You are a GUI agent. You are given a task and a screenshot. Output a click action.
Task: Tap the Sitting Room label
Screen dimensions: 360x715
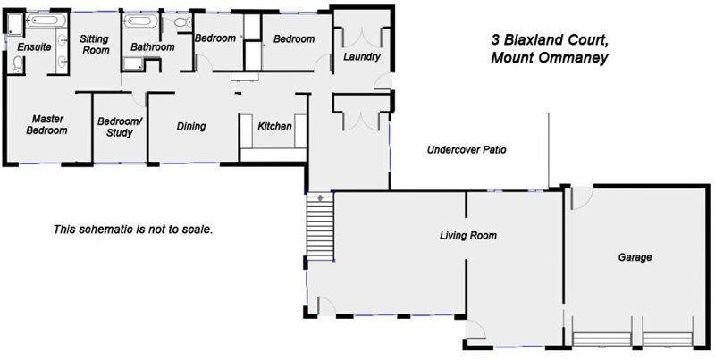[x=94, y=45]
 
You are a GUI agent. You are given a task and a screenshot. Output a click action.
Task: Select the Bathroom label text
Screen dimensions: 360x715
[x=151, y=46]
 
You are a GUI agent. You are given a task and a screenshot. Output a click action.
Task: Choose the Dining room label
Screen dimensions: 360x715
[x=191, y=126]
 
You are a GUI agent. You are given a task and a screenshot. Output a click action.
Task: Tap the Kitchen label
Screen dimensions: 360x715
[x=274, y=126]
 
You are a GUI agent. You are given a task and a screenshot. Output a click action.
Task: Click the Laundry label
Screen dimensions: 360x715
[x=361, y=57]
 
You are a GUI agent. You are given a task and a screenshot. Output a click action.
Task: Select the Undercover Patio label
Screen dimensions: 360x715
[x=467, y=150]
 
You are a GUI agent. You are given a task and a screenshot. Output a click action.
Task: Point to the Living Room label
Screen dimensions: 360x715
[x=467, y=236]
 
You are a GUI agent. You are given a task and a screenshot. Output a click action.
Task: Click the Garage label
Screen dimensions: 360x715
[x=635, y=257]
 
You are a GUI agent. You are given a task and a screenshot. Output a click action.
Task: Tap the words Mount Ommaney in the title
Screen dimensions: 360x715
[x=550, y=59]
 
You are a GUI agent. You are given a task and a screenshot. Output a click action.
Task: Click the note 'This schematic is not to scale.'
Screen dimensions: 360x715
[x=133, y=229]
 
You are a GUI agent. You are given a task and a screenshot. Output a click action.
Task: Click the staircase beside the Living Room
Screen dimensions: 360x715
[x=319, y=227]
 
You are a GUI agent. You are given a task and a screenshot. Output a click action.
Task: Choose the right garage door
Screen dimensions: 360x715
[x=668, y=339]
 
